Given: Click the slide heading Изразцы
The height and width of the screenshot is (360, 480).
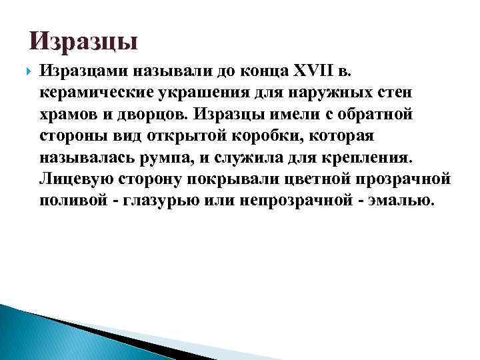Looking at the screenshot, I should (x=84, y=42).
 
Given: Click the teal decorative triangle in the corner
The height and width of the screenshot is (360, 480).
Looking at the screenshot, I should (x=40, y=333).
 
